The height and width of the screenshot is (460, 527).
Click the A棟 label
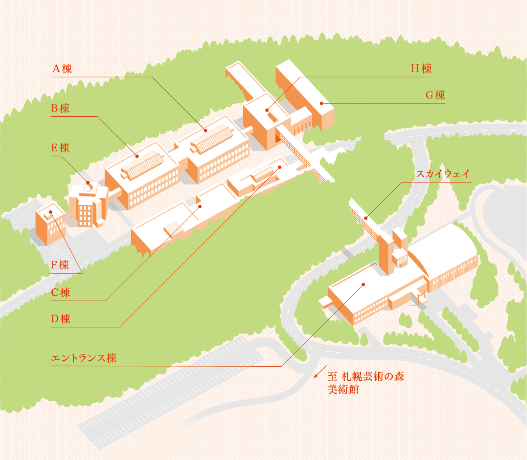click(x=62, y=69)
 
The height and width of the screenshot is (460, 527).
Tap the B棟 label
click(x=60, y=108)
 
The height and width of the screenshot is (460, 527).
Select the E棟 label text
click(x=60, y=148)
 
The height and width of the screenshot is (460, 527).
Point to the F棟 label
click(x=60, y=265)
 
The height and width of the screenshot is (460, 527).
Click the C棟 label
click(x=60, y=292)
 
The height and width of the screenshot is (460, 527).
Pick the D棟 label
click(x=60, y=319)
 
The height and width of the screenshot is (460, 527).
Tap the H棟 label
click(x=421, y=69)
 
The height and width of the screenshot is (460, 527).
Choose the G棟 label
click(x=435, y=95)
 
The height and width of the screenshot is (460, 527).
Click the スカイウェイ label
click(x=443, y=174)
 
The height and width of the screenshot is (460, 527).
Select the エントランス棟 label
click(x=84, y=359)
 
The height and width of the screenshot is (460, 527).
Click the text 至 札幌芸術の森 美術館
click(x=365, y=382)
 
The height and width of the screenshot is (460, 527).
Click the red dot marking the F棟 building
click(x=51, y=212)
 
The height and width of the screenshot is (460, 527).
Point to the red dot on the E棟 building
click(x=88, y=183)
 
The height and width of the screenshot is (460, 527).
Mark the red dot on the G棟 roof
click(x=321, y=103)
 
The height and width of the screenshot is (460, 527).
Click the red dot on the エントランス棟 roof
click(x=363, y=284)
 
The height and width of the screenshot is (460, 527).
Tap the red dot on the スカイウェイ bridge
click(x=366, y=218)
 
